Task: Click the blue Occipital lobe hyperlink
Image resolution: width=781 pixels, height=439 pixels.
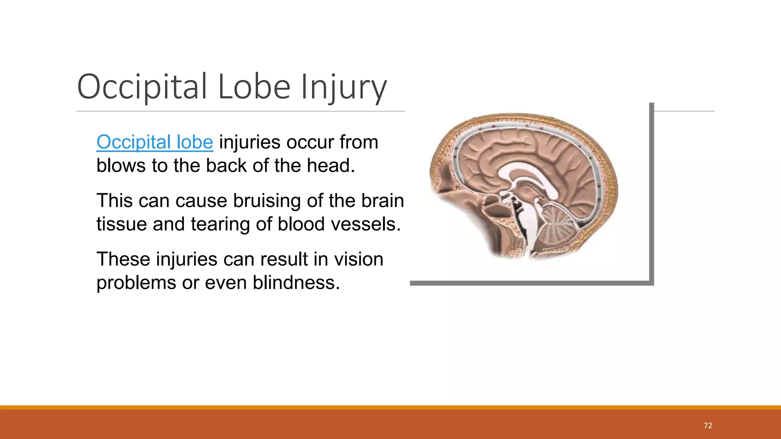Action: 154,142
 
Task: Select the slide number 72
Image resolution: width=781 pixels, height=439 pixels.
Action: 708,426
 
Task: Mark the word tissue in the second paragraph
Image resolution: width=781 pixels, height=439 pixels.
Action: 122,224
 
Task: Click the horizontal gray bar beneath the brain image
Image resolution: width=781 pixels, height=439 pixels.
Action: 530,283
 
